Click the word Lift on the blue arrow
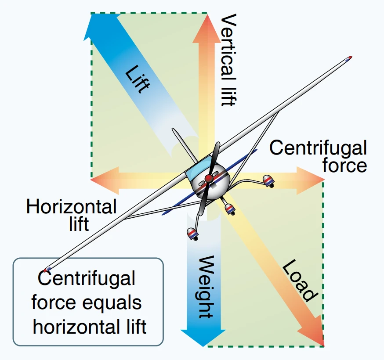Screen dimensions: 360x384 click(136, 79)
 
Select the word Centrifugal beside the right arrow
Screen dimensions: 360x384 click(318, 148)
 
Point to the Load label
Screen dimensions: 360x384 click(299, 281)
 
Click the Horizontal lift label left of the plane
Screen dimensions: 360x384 click(72, 215)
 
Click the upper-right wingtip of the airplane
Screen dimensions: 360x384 click(349, 58)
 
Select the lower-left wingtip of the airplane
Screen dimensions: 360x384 click(47, 269)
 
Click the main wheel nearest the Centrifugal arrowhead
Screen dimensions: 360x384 click(268, 180)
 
